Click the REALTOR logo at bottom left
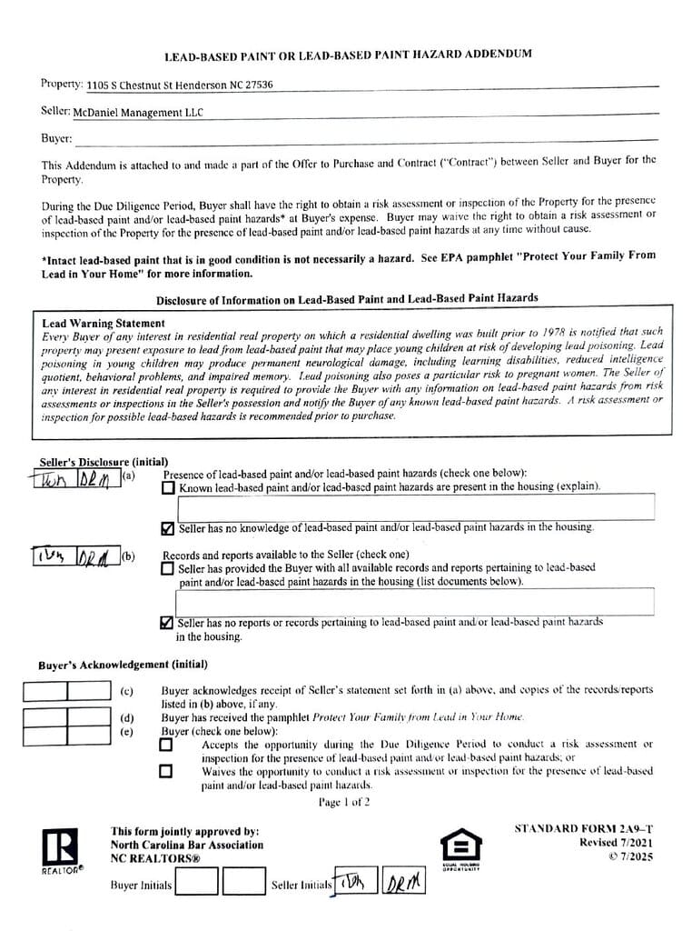pos(60,850)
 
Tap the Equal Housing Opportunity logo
pos(460,846)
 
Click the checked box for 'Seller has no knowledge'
pos(168,527)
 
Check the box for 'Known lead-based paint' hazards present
pos(168,487)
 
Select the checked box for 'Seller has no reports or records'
pos(166,623)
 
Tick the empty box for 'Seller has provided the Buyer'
pos(168,568)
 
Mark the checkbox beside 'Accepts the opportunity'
pos(165,745)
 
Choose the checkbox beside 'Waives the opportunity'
pos(165,772)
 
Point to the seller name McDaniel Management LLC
pos(138,113)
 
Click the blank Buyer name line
pos(363,139)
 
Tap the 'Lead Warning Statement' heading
pos(104,323)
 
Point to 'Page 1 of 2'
pos(344,803)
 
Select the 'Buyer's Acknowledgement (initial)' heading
pos(123,665)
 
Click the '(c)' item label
pos(127,692)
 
